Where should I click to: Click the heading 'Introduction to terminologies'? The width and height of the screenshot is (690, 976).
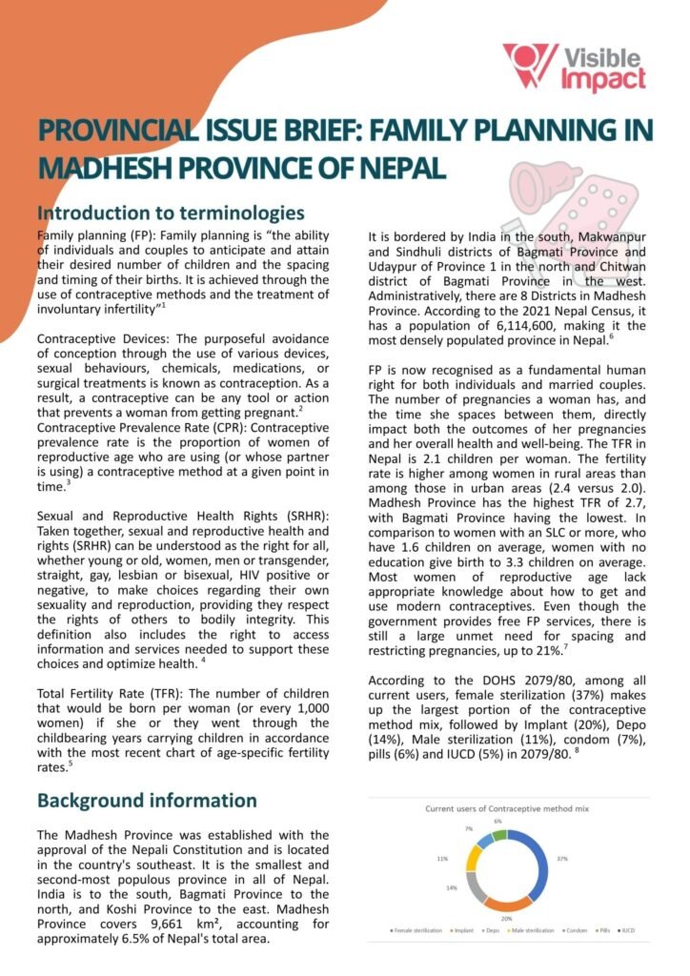click(170, 213)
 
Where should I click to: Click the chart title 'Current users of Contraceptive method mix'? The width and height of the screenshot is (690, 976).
click(507, 808)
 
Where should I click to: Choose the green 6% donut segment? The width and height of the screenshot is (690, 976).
click(497, 835)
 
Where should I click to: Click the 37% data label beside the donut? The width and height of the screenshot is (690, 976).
click(562, 859)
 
